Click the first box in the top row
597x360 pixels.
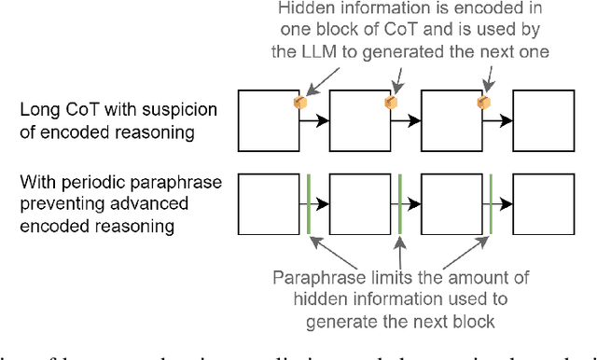tap(270, 120)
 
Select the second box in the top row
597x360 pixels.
tap(361, 120)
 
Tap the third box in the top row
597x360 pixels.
tap(451, 120)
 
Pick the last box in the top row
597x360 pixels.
tap(542, 120)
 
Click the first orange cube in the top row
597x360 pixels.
tap(300, 102)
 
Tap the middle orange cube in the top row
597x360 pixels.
tap(391, 102)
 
